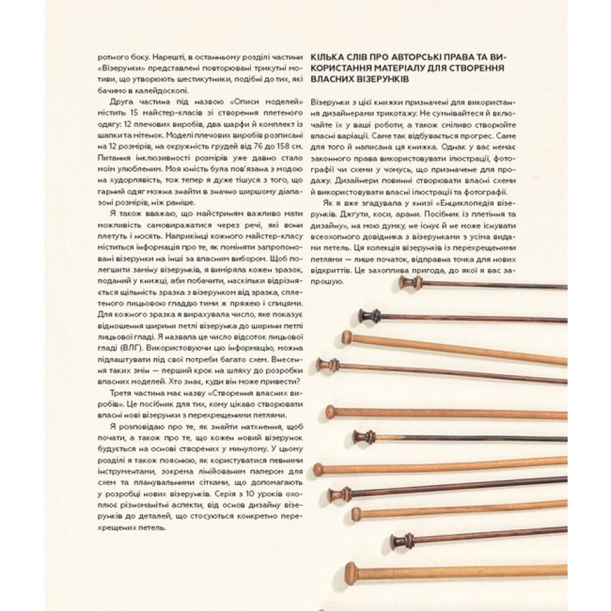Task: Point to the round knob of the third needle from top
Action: pos(346,336)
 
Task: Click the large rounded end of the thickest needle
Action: pos(351,573)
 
